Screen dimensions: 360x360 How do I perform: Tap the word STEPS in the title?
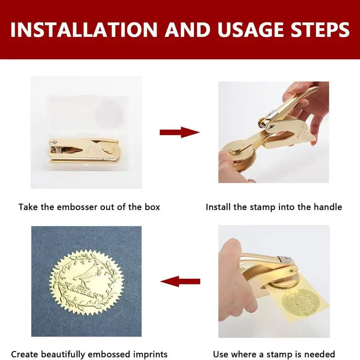pyautogui.click(x=320, y=30)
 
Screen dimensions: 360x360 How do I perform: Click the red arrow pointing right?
pyautogui.click(x=180, y=132)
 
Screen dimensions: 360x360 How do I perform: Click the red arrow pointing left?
pyautogui.click(x=180, y=281)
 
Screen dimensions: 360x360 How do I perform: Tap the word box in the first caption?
pyautogui.click(x=152, y=207)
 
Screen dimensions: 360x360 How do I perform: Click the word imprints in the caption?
pyautogui.click(x=150, y=355)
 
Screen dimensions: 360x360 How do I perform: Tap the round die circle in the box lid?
pyautogui.click(x=109, y=114)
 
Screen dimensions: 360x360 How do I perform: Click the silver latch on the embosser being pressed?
pyautogui.click(x=285, y=260)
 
